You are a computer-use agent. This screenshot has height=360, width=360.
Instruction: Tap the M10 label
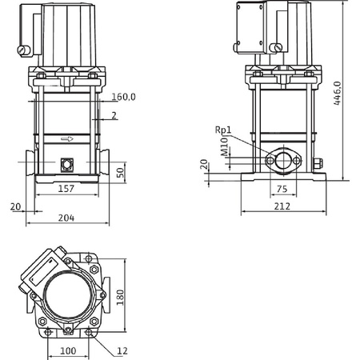pos(226,145)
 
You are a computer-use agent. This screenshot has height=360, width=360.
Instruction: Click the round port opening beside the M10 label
pos(280,160)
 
